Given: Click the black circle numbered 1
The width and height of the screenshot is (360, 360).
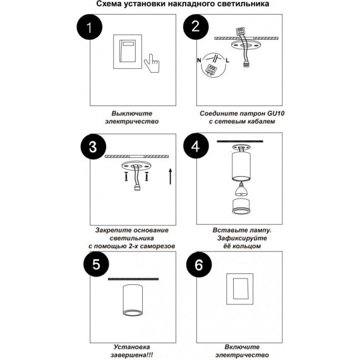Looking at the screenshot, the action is pos(90,27).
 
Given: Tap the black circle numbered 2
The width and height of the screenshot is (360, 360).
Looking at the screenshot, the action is pos(196,27).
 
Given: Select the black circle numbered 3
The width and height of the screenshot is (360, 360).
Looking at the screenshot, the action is pos(93,147).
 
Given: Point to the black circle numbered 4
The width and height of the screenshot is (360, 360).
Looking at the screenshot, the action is pos(196,146).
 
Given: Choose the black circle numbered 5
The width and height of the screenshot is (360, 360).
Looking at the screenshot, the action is pos(96,264).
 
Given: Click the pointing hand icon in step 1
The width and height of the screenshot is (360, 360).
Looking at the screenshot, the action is pos(152,63).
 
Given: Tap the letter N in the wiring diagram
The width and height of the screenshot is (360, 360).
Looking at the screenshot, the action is pos(199,61).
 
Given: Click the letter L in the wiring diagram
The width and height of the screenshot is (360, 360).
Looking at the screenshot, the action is pos(227,61).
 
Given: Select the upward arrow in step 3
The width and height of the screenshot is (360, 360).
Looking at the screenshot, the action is pos(171,176).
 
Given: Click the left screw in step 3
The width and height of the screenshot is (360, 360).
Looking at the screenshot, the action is pos(126,176).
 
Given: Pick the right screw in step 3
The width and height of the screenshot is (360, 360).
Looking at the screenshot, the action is pos(147,176).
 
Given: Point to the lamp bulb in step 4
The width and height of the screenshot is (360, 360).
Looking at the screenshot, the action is pos(241,189).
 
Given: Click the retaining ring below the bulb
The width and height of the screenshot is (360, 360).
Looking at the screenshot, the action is pos(241,206).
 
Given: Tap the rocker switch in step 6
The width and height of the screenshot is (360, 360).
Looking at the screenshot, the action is pos(240,289).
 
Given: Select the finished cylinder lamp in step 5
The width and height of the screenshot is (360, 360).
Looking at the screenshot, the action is pos(133,300).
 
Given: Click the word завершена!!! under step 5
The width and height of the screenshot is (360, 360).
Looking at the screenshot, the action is pos(132,355).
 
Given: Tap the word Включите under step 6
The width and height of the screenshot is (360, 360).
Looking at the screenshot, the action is pos(242,347).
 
